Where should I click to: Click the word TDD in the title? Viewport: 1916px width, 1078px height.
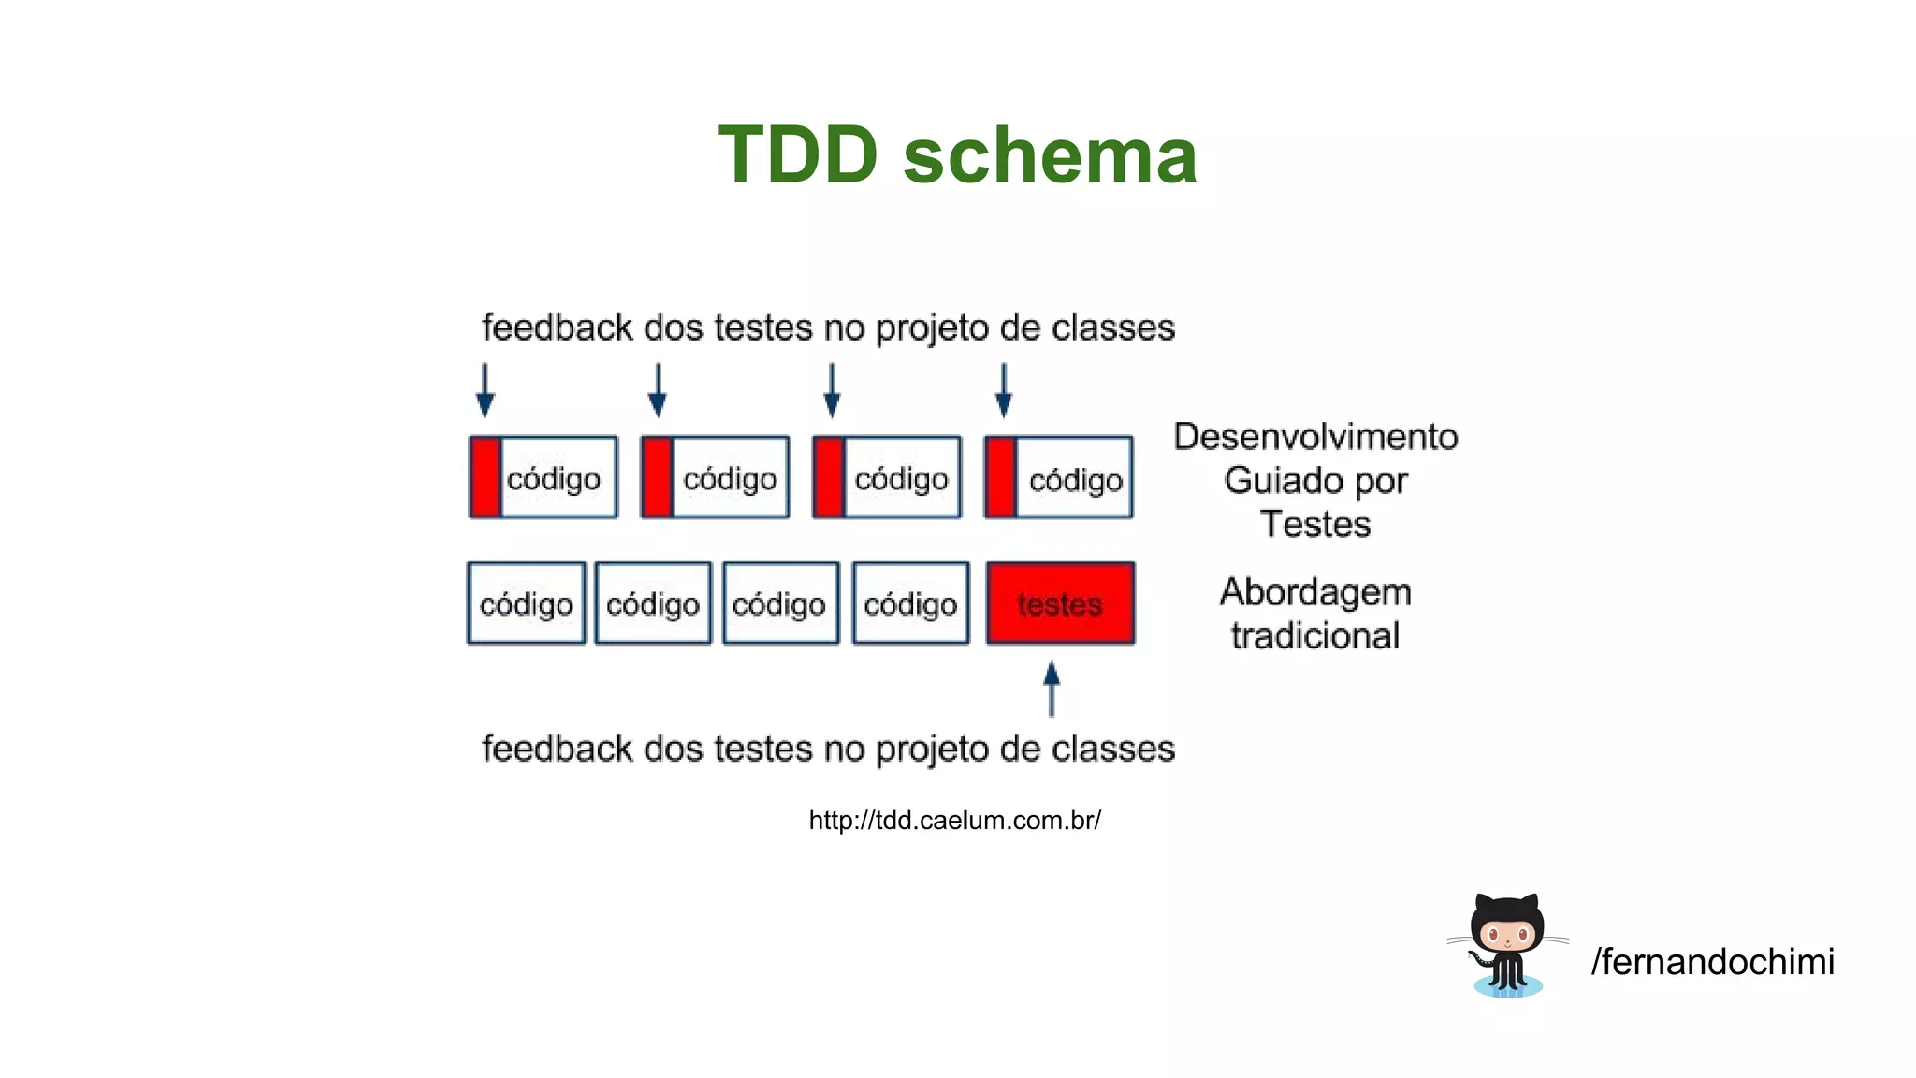point(797,155)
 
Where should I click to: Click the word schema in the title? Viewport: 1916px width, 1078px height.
point(1050,155)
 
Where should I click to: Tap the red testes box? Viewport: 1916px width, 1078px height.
point(1060,604)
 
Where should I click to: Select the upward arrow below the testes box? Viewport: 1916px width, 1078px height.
point(1052,689)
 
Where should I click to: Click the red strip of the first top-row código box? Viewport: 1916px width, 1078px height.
point(485,477)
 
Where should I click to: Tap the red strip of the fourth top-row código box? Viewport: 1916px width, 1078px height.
point(1000,477)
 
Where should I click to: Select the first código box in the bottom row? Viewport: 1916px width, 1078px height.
point(526,604)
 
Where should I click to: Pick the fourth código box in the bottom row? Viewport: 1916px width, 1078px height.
point(910,604)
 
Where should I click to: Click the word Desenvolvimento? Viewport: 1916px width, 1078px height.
point(1315,437)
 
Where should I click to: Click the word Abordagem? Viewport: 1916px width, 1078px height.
point(1315,592)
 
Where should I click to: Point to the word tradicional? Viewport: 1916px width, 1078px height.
point(1315,636)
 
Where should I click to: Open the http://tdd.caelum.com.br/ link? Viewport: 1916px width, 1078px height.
point(954,821)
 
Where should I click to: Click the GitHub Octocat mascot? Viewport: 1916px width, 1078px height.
point(1507,945)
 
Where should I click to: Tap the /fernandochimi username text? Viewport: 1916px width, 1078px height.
point(1712,962)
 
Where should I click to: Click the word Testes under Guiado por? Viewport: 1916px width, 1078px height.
point(1315,524)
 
